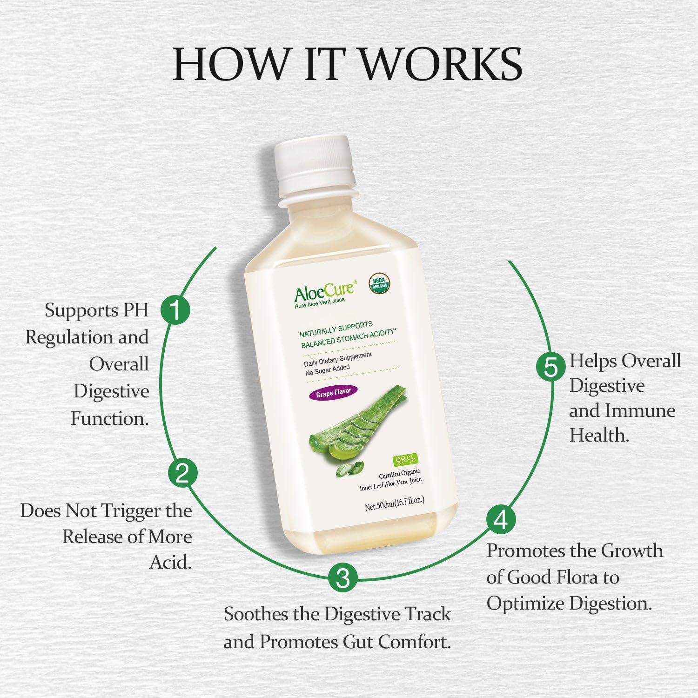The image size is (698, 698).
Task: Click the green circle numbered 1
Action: tap(175, 310)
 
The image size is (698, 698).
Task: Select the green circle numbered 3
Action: tap(342, 578)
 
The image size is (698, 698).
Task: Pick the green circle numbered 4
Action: tap(501, 520)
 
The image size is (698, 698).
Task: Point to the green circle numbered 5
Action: tap(550, 367)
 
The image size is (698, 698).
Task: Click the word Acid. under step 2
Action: tap(170, 563)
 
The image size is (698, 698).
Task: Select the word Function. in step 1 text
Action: tap(110, 419)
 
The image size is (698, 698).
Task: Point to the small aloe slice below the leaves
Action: tap(349, 470)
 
